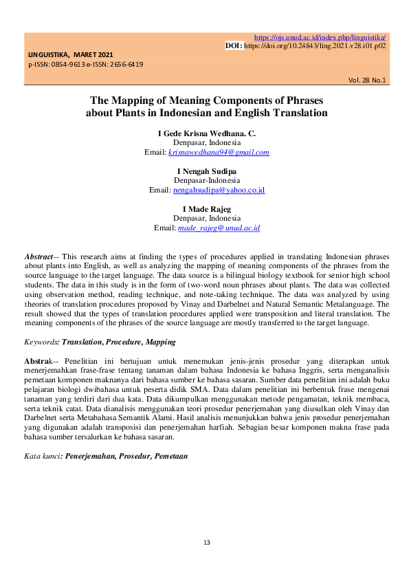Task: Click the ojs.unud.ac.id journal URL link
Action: (320, 37)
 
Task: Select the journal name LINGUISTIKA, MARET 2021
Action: (71, 54)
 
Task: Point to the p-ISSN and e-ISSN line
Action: (86, 64)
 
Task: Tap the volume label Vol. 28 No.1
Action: (367, 80)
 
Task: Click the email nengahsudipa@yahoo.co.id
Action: (219, 189)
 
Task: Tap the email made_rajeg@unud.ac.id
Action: (219, 227)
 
